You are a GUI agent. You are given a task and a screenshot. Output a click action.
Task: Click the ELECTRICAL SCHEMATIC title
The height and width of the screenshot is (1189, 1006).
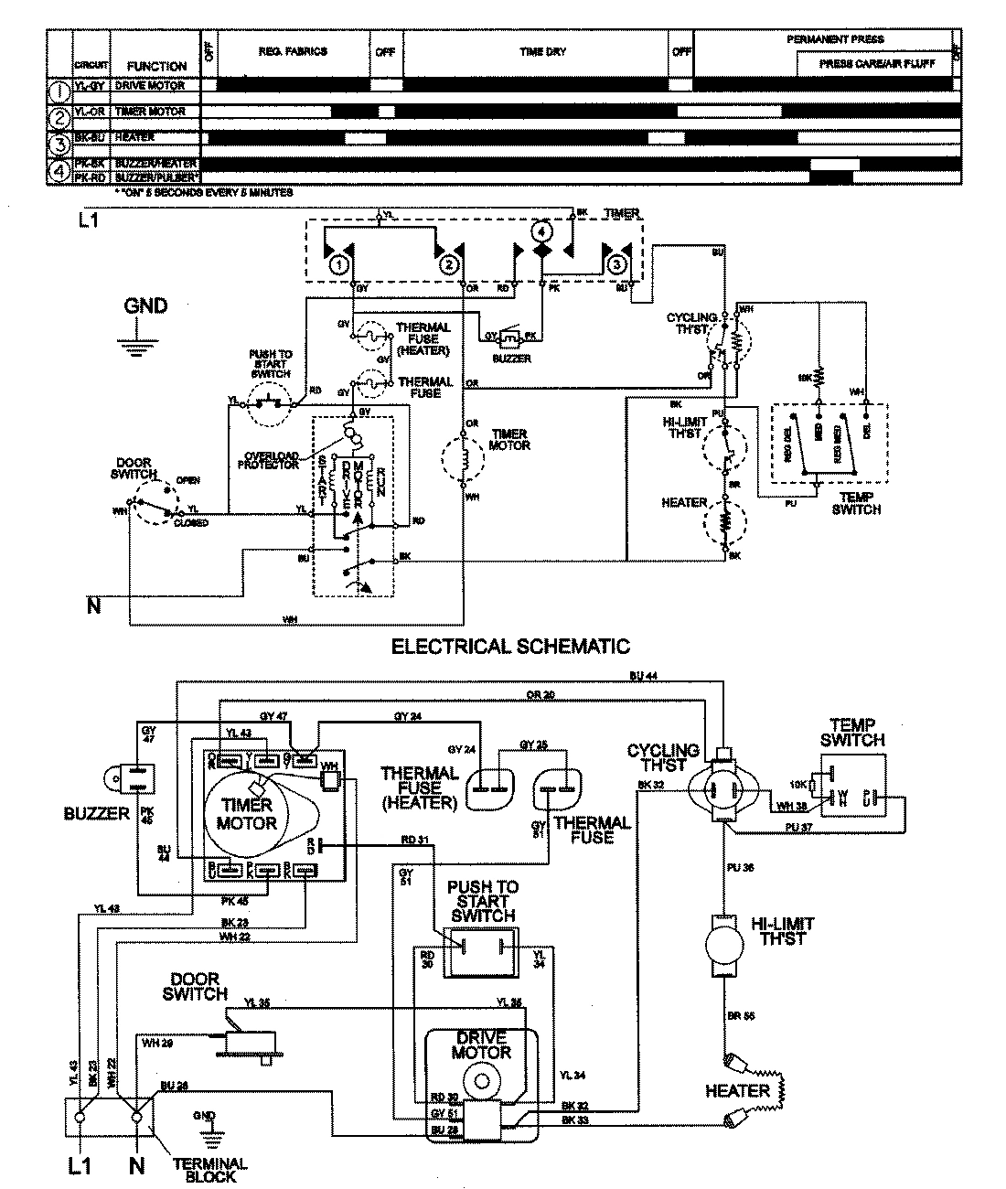click(510, 647)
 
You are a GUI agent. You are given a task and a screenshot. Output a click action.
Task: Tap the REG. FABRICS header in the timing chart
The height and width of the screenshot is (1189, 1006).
click(293, 52)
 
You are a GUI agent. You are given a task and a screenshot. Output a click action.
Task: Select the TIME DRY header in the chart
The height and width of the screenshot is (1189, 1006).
click(542, 52)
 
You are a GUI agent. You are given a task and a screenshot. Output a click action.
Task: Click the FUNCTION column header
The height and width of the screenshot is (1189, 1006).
click(156, 66)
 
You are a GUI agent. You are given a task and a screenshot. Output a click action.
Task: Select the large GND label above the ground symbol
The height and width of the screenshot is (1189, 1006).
click(146, 306)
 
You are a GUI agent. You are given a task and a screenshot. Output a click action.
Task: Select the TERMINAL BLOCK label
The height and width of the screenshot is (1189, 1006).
click(209, 1169)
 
